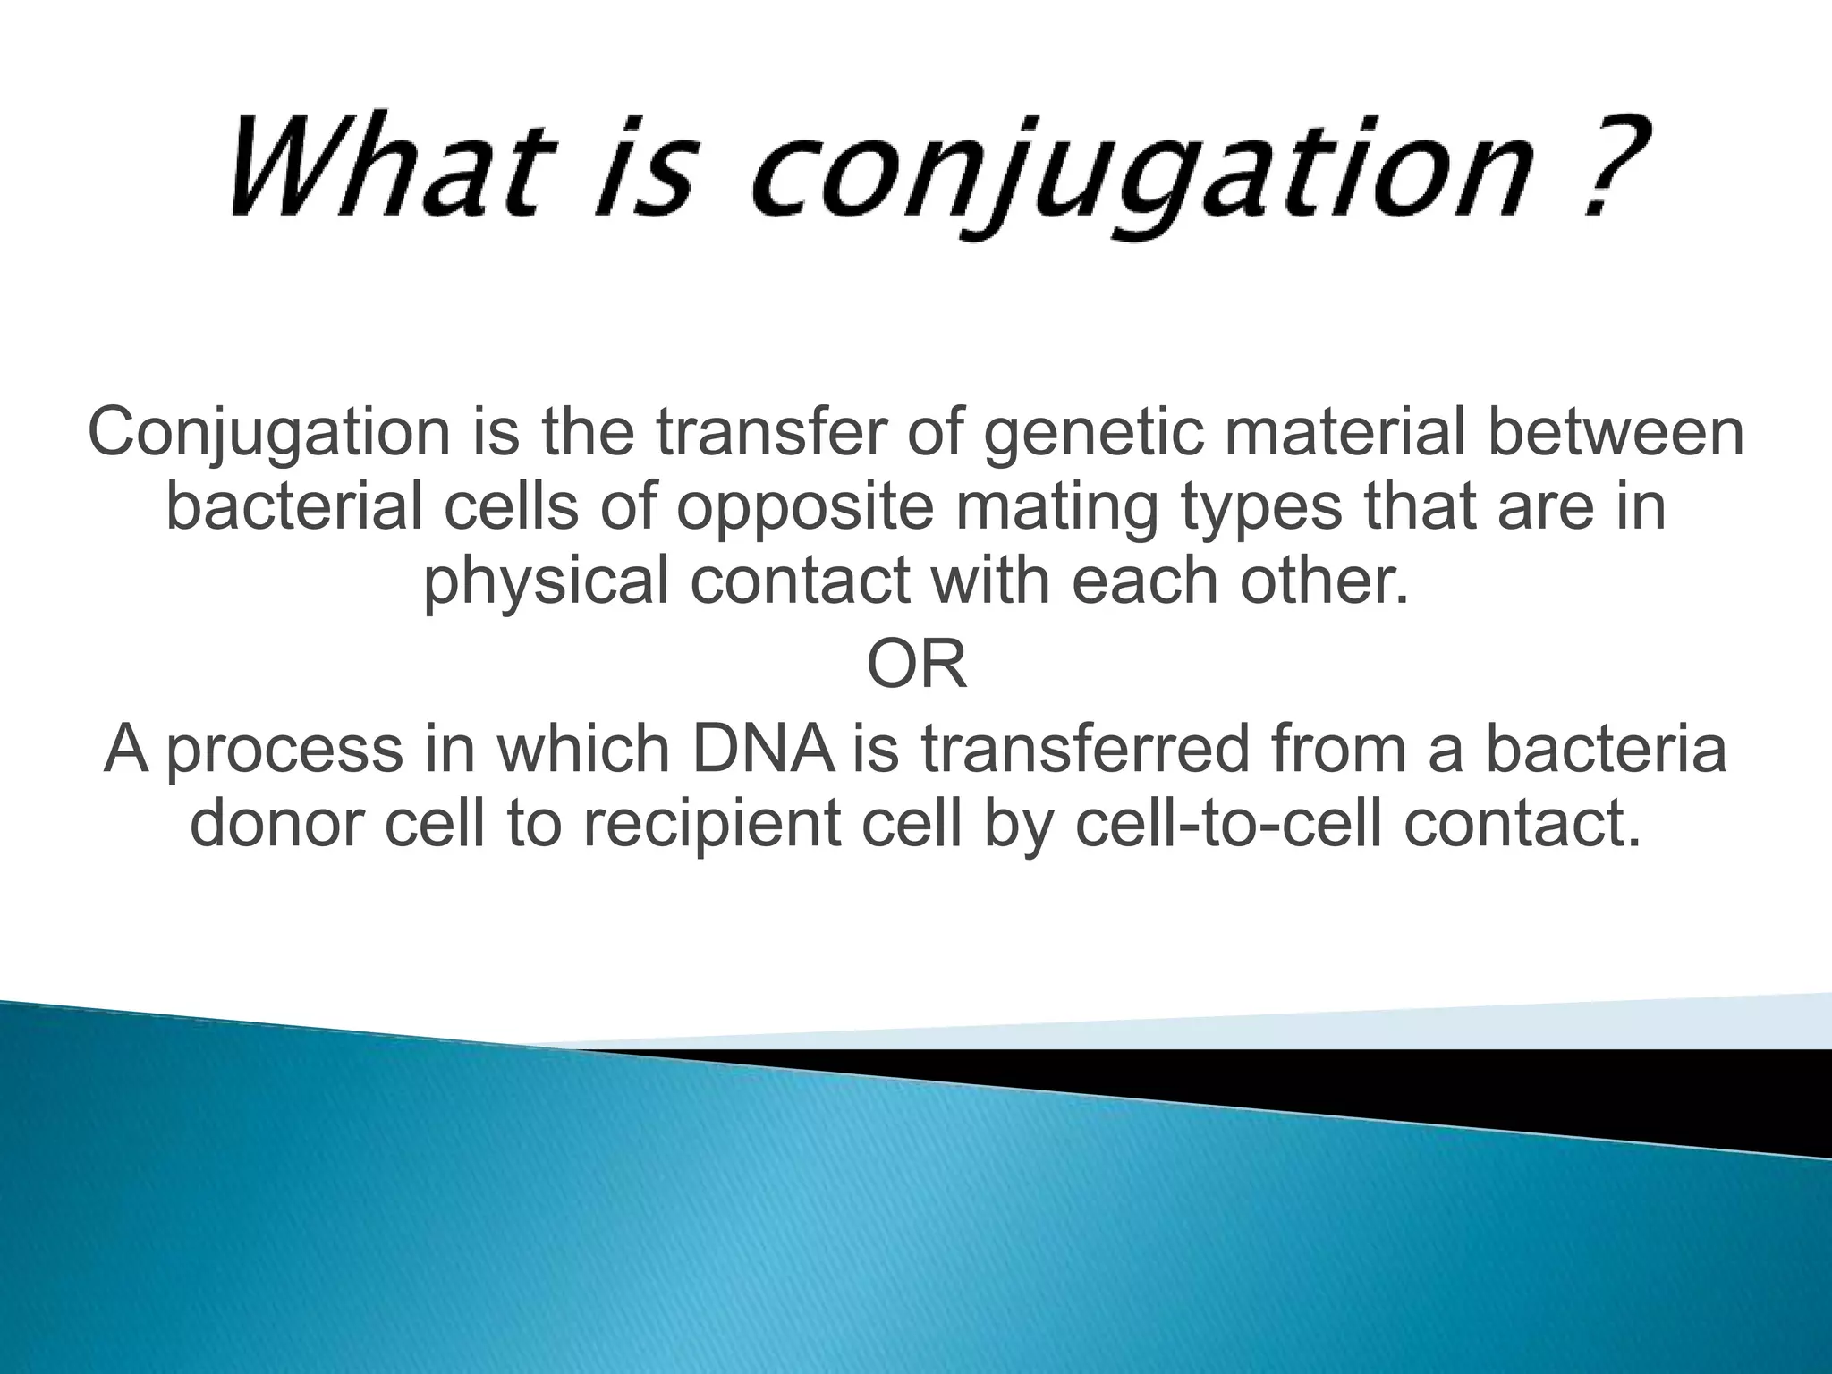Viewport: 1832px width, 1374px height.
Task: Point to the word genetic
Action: click(x=1091, y=434)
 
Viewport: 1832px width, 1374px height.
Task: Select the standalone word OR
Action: click(x=917, y=666)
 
